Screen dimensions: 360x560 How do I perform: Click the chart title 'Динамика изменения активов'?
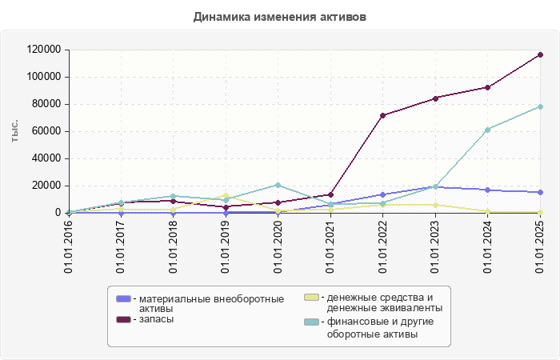coord(280,17)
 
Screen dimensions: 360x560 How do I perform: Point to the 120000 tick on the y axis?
coord(43,50)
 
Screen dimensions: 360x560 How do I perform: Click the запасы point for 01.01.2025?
coord(540,54)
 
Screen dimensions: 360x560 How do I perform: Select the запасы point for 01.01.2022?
coord(383,115)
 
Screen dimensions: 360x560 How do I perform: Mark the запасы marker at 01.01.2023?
coord(435,98)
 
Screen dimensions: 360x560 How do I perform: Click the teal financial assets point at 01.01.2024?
coord(487,130)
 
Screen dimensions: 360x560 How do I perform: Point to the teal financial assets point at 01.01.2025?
coord(540,106)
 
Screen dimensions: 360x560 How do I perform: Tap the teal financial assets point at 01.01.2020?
coord(278,185)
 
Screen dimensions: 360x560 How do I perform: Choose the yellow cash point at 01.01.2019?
coord(226,195)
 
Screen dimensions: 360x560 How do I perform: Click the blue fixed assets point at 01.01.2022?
coord(383,194)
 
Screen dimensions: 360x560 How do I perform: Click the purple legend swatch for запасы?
coord(123,319)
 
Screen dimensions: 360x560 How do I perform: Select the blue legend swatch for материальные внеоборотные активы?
coord(123,298)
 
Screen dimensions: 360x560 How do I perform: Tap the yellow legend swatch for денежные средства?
coord(312,298)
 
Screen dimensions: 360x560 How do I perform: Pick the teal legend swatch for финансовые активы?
coord(312,322)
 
